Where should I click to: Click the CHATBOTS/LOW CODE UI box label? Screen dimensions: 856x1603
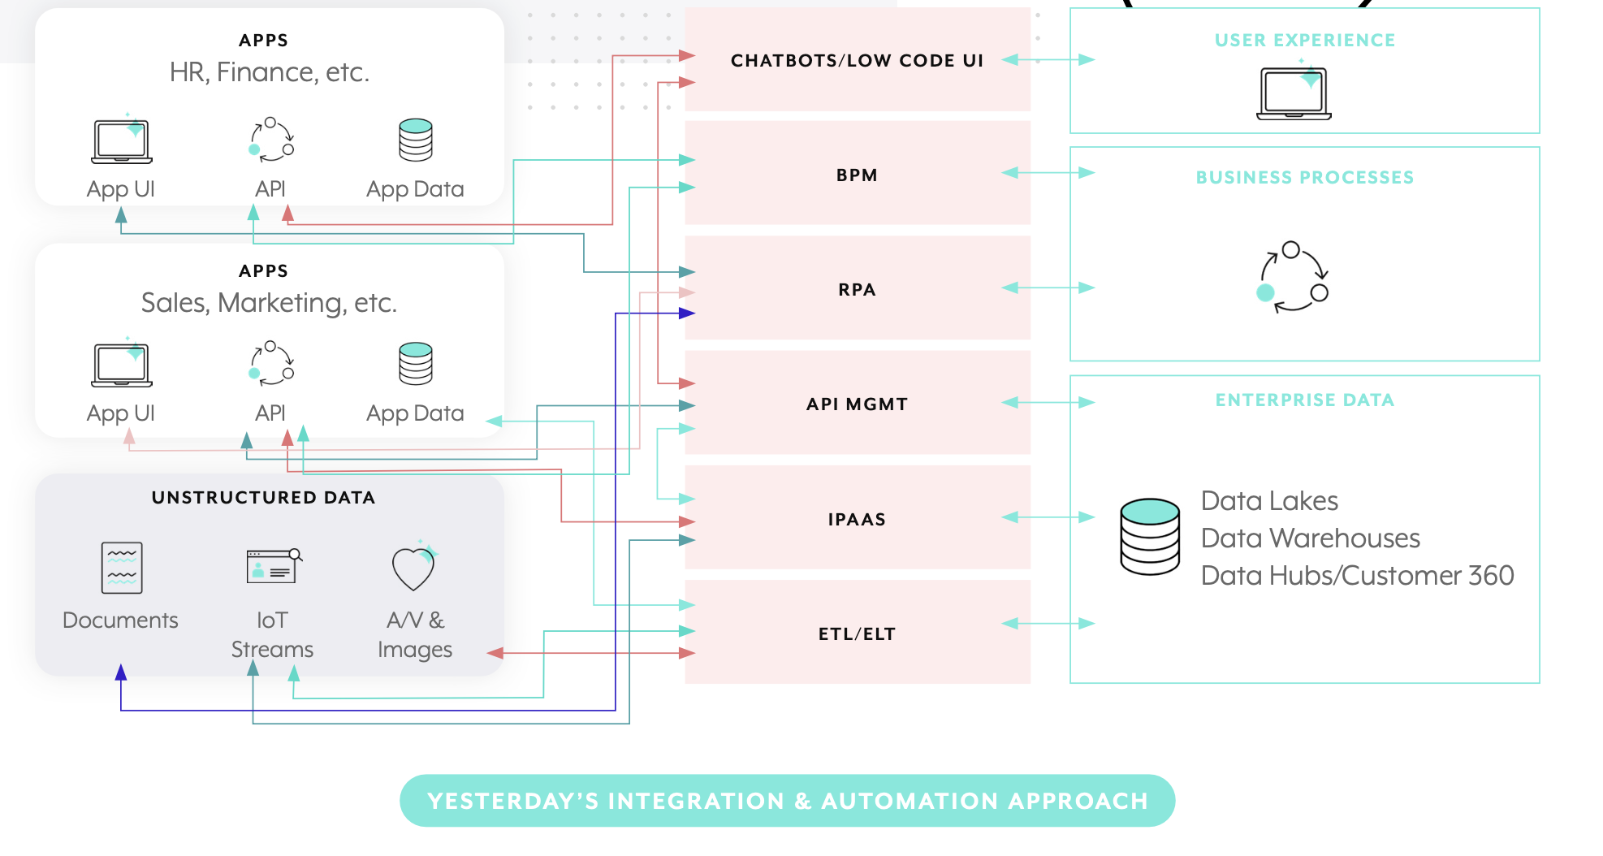click(x=857, y=61)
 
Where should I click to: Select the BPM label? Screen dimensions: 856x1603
click(x=857, y=175)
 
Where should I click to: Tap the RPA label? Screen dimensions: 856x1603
click(x=857, y=290)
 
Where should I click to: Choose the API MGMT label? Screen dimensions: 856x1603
click(x=857, y=404)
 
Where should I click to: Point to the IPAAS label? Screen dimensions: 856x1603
click(x=857, y=520)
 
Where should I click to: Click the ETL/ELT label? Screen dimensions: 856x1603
click(x=857, y=634)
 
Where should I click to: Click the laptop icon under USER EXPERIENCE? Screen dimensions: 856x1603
click(x=1294, y=93)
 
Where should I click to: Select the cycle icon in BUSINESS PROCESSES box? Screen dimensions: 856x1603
click(x=1292, y=277)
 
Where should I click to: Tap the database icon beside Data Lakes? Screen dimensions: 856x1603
click(x=1150, y=536)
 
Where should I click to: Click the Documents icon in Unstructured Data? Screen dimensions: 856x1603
click(x=122, y=568)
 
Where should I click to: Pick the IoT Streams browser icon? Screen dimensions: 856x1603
click(x=273, y=566)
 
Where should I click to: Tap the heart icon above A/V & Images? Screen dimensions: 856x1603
click(x=414, y=567)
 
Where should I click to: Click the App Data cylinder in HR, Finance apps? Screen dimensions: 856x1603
click(x=415, y=140)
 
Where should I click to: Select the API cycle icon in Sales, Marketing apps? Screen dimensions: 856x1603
click(x=271, y=363)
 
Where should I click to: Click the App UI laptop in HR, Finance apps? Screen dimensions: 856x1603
click(x=122, y=141)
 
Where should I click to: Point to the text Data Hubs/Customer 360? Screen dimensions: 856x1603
click(x=1357, y=576)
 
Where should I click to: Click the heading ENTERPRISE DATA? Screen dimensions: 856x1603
click(x=1304, y=400)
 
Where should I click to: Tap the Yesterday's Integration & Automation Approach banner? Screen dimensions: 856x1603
click(x=787, y=801)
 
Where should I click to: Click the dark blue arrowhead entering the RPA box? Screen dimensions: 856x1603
click(x=687, y=313)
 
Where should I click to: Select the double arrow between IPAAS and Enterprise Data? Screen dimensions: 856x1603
click(x=1048, y=517)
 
